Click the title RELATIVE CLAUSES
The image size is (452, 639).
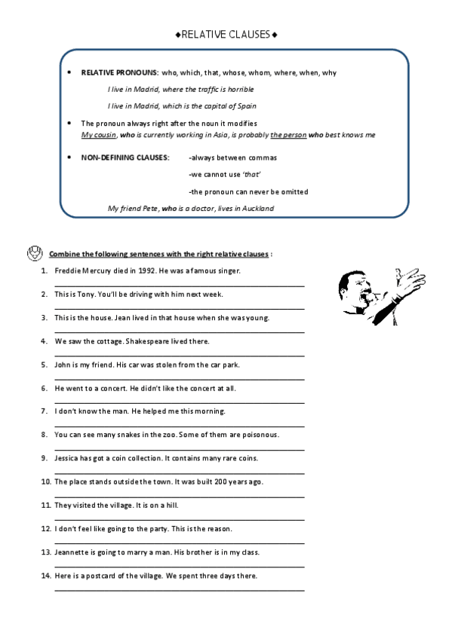(226, 34)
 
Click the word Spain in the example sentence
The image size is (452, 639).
(256, 105)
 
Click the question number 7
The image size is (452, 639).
(46, 411)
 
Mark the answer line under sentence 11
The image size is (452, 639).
(180, 520)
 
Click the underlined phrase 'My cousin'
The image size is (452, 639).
(98, 134)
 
